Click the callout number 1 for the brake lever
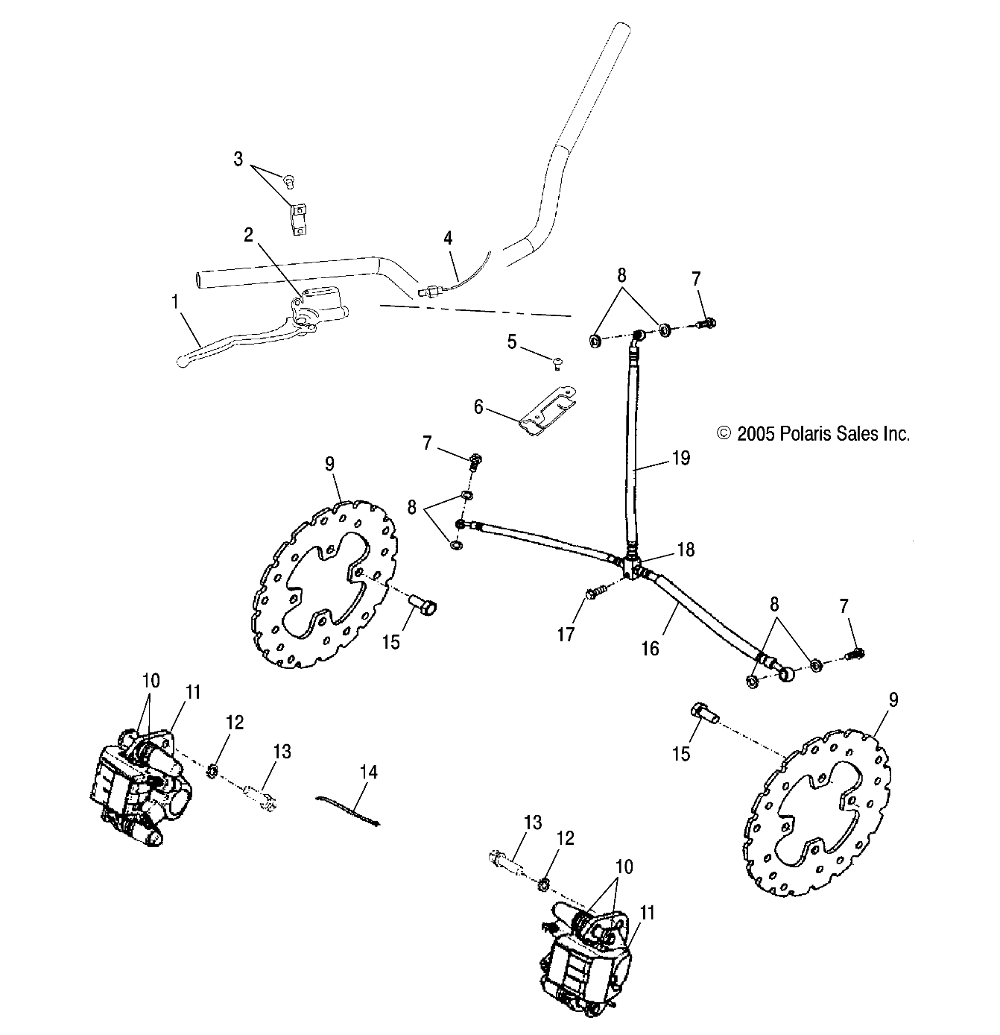click(x=174, y=302)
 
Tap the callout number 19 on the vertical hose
click(x=680, y=458)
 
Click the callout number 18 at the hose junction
click(x=685, y=550)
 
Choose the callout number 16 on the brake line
click(x=651, y=648)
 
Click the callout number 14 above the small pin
click(x=369, y=771)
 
